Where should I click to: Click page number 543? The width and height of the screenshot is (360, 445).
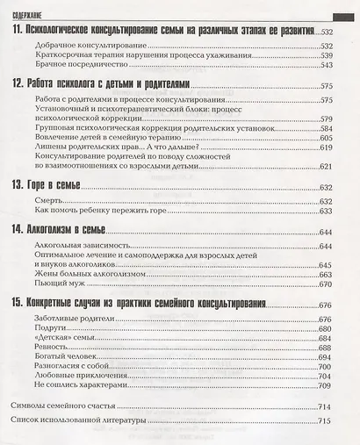[x=328, y=65]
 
